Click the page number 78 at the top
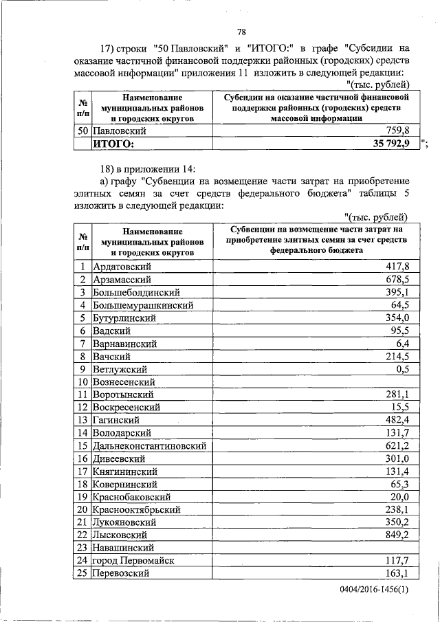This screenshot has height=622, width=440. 241,32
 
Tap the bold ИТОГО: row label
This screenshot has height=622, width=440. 114,143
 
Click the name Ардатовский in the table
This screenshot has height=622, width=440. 122,267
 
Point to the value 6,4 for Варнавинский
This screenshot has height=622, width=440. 402,343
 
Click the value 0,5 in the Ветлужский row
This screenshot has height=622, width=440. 402,368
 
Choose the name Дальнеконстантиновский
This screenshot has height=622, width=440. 149,445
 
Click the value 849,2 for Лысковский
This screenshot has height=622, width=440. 396,534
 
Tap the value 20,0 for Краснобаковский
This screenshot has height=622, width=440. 399,496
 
